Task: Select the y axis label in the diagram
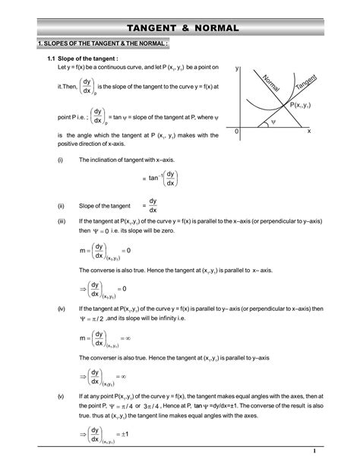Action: click(236, 69)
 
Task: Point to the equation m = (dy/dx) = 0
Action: click(106, 251)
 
